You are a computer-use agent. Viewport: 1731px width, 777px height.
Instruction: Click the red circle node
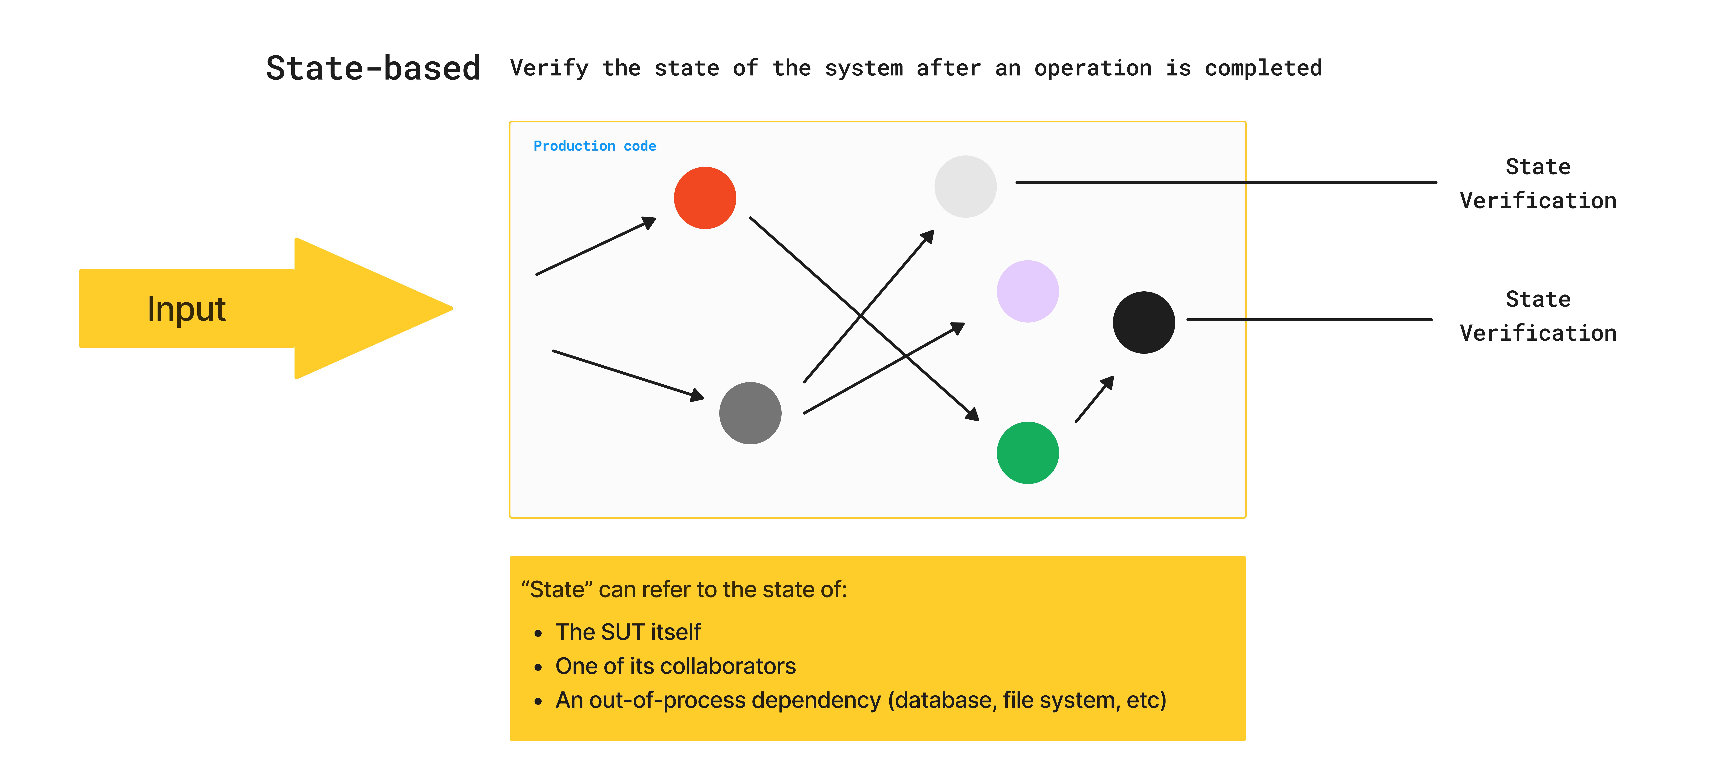point(705,198)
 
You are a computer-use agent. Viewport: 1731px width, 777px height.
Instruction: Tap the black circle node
point(1144,323)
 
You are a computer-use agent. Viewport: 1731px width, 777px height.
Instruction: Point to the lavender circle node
point(1027,291)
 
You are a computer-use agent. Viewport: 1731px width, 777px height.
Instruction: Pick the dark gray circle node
point(750,413)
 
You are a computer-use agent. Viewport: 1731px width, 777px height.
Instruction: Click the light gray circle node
point(965,186)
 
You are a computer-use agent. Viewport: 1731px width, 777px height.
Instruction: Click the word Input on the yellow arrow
point(186,309)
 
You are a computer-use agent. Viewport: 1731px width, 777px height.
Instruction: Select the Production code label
point(594,146)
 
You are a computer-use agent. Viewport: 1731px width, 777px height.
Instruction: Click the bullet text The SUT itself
point(628,632)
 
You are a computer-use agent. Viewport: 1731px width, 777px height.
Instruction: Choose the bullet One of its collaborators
point(675,666)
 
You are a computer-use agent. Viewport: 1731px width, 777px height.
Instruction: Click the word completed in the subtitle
point(1263,68)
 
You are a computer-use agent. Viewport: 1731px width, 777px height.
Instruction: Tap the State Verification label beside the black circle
point(1538,316)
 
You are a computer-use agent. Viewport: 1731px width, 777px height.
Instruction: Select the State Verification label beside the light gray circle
point(1538,184)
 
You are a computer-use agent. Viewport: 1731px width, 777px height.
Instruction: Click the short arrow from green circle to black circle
point(1094,400)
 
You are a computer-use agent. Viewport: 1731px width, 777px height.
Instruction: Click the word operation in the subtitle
point(1093,68)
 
